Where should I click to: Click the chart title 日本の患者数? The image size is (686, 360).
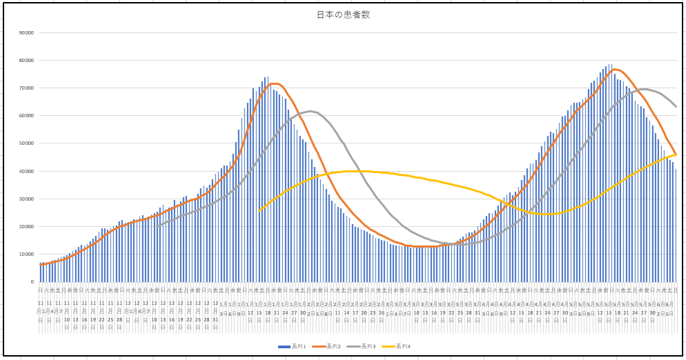coord(343,14)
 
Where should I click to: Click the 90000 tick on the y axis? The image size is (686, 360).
coord(27,32)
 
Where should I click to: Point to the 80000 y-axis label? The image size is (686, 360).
coord(27,60)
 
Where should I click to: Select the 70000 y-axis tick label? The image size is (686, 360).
coord(27,88)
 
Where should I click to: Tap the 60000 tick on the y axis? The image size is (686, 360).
coord(27,116)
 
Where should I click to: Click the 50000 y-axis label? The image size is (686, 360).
coord(27,143)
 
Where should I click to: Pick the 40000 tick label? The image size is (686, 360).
coord(27,171)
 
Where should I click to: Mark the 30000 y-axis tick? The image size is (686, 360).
coord(27,199)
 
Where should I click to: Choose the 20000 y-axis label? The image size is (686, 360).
coord(27,226)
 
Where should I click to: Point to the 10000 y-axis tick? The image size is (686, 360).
coord(27,254)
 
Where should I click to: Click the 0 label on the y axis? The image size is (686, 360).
coord(32,281)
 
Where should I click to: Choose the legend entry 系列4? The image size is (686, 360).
coord(403,346)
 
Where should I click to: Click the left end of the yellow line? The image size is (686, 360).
coord(259,210)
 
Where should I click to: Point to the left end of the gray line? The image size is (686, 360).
coord(157,226)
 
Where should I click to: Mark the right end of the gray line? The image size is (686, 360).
coord(676,106)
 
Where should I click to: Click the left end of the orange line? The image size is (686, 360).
coord(41,264)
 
